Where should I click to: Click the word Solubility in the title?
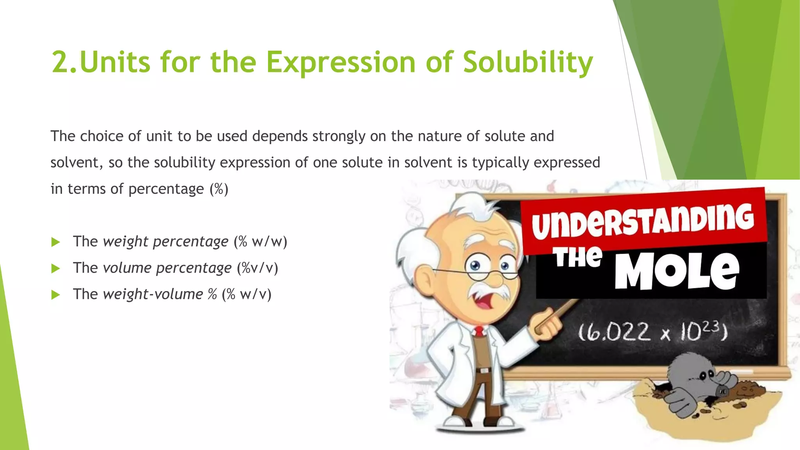[528, 62]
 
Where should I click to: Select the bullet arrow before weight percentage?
[55, 242]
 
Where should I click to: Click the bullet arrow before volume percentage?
[55, 268]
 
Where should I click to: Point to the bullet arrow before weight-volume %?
[55, 295]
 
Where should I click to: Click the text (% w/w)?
[261, 241]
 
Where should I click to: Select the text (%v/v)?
[257, 268]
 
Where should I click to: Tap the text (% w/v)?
[246, 294]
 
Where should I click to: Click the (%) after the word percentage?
[219, 189]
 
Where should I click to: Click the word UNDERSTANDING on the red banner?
[643, 221]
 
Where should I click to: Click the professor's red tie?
[479, 332]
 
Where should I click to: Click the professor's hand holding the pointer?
[549, 326]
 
